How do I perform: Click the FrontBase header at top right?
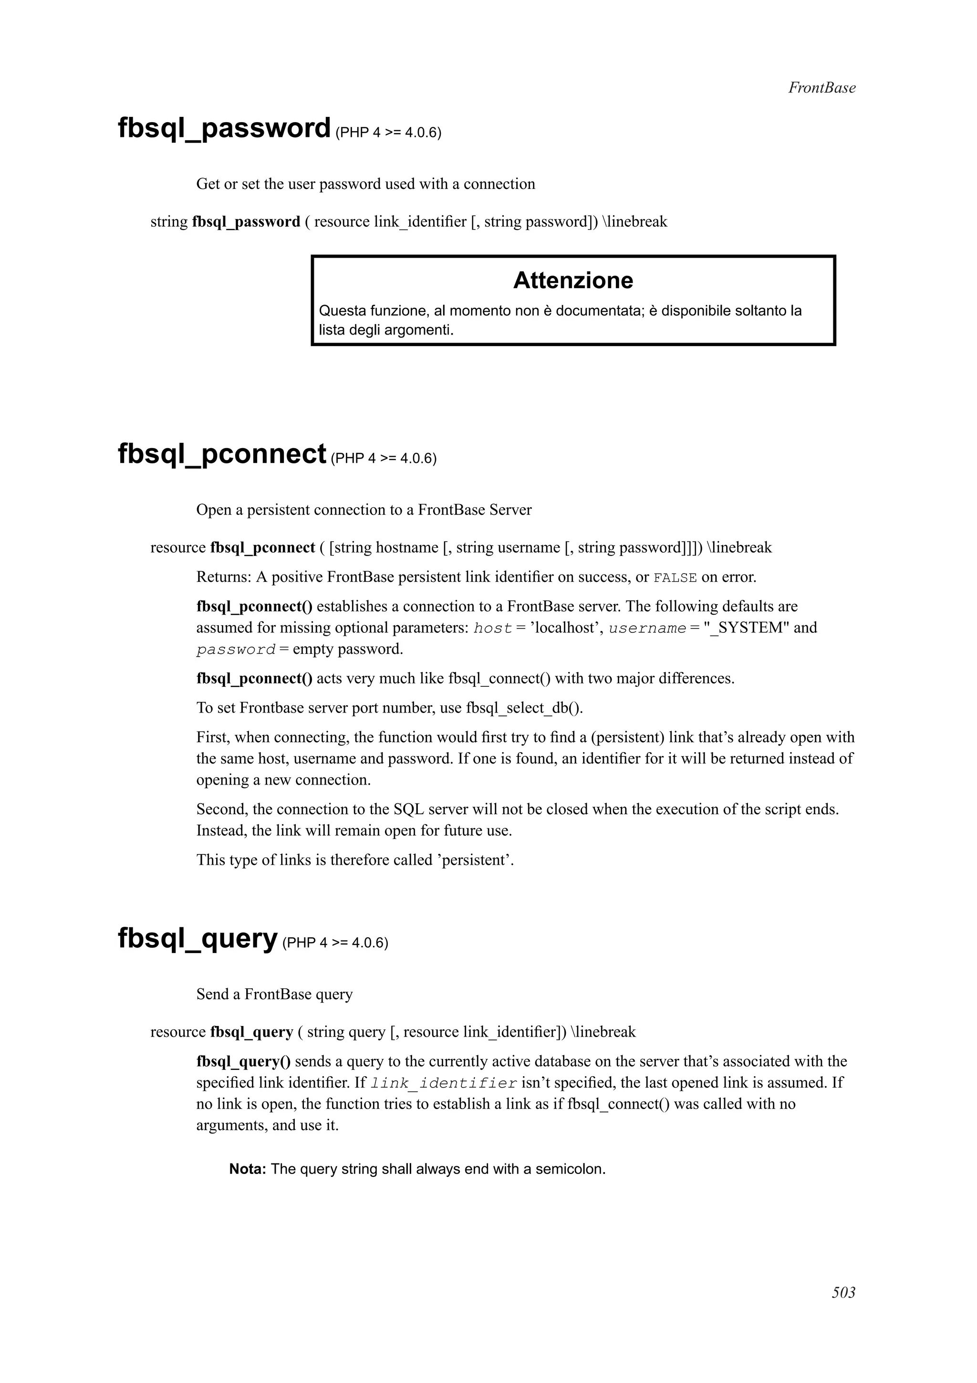pyautogui.click(x=821, y=88)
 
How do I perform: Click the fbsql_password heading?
pyautogui.click(x=224, y=128)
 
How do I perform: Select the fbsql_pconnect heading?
pyautogui.click(x=221, y=454)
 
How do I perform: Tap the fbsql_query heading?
pyautogui.click(x=197, y=938)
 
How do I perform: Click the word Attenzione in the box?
pyautogui.click(x=572, y=281)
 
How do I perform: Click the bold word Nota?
pyautogui.click(x=248, y=1170)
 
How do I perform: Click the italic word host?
pyautogui.click(x=492, y=628)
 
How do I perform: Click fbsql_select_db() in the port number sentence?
pyautogui.click(x=524, y=708)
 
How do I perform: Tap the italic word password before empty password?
pyautogui.click(x=235, y=650)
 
